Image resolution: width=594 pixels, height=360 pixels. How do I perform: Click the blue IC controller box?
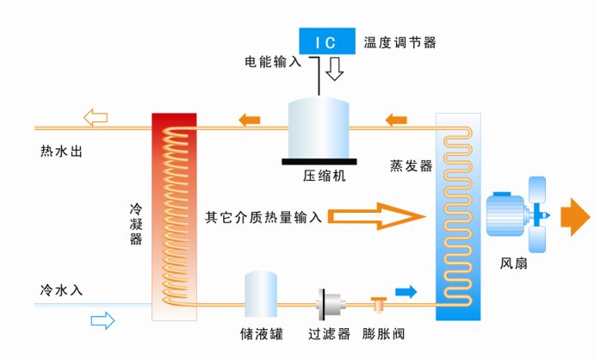point(327,40)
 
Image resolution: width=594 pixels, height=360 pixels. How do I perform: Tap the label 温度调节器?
point(399,41)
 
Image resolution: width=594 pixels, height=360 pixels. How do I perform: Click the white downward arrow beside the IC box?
point(335,69)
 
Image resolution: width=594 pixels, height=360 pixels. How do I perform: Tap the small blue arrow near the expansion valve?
point(405,292)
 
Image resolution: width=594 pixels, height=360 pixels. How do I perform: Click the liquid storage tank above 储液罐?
point(260,295)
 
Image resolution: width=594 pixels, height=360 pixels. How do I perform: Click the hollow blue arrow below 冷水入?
point(102,320)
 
